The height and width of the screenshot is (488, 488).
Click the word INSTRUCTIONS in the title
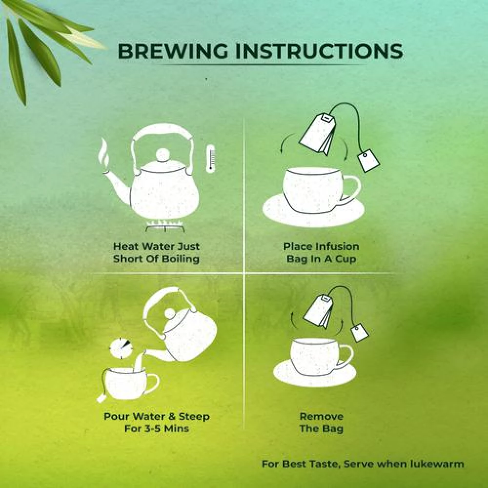pos(319,51)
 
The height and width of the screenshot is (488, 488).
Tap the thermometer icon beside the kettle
pos(211,159)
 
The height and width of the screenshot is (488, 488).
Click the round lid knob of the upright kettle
pos(163,155)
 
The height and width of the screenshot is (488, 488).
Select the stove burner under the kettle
pos(164,226)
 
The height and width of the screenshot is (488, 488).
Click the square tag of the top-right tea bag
pos(369,160)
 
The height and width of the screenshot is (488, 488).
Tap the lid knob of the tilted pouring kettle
pos(170,314)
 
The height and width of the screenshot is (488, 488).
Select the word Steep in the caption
pos(194,416)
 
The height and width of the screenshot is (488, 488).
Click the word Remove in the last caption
pos(322,416)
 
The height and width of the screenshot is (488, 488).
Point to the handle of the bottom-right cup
pos(346,357)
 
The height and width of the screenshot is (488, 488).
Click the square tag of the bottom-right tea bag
pos(360,333)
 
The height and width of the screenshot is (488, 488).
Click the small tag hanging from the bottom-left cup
pos(101,398)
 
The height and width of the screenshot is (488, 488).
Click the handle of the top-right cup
pos(352,188)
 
